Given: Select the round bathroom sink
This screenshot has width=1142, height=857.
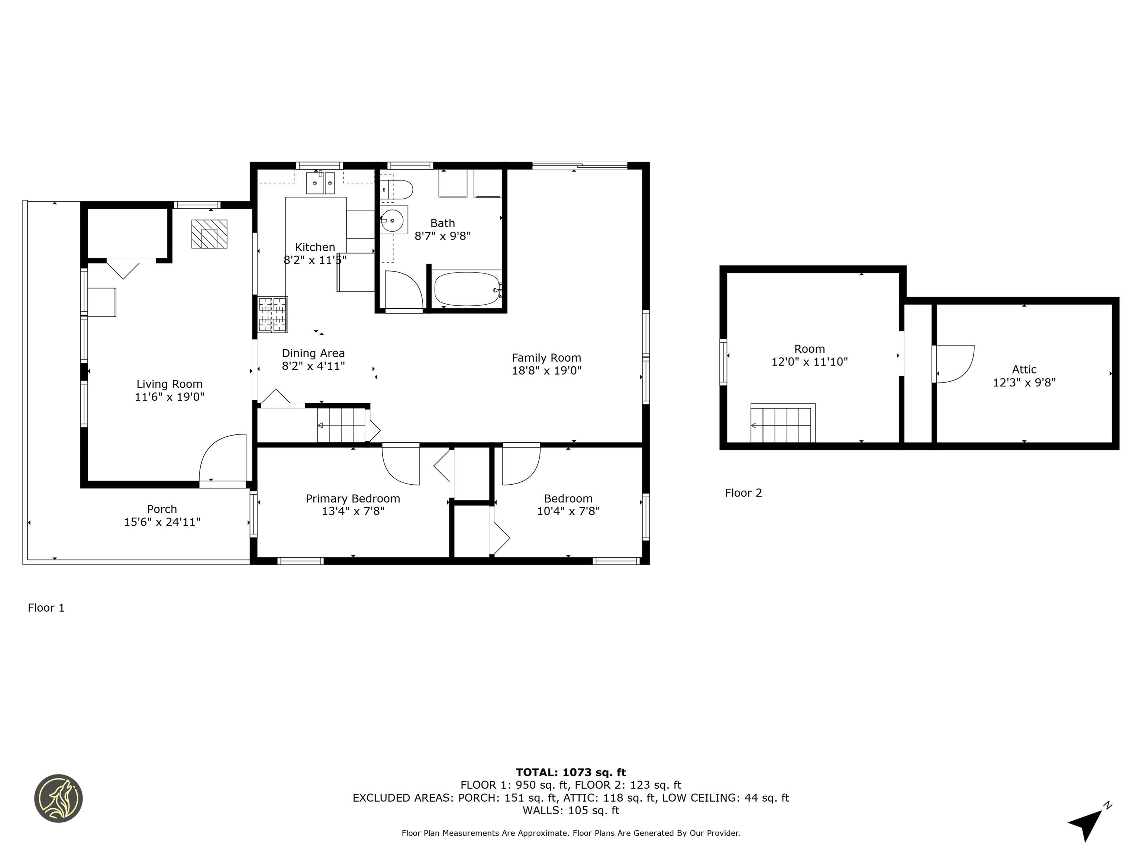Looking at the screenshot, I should coord(393,221).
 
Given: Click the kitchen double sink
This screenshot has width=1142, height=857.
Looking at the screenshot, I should coord(320,183).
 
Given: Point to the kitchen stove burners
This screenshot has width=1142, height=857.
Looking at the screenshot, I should coord(272,314).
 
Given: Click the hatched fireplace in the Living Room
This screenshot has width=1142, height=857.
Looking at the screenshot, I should coord(209,234).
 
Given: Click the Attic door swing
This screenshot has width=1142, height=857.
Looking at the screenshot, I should coord(954,364).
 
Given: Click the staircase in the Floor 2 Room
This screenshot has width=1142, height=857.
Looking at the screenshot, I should coord(782,425).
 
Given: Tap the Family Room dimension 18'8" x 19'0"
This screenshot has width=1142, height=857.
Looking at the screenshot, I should coord(546,370).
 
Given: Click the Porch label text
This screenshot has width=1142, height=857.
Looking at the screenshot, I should coord(162,509).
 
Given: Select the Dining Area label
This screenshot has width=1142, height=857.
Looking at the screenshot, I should coord(313,353).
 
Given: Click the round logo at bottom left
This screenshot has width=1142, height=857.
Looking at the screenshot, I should coord(58,798).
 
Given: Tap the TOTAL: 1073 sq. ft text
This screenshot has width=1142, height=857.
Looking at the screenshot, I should coord(571,772).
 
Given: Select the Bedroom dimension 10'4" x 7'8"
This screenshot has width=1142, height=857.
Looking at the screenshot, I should coord(568,511).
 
